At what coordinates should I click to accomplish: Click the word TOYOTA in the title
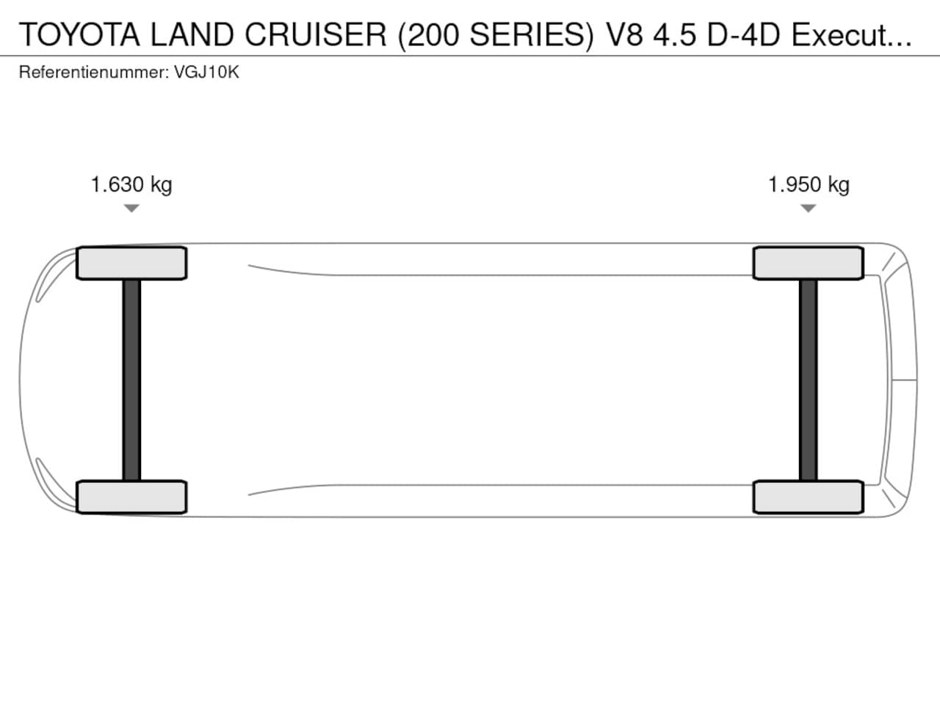click(x=79, y=35)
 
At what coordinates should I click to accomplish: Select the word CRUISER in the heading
click(x=316, y=35)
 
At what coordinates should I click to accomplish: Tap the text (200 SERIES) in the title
click(x=496, y=35)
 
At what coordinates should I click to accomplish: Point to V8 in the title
click(x=624, y=35)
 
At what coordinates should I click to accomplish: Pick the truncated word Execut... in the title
click(x=851, y=35)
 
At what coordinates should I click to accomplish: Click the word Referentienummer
click(x=94, y=72)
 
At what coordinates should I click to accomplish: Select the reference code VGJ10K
click(x=206, y=72)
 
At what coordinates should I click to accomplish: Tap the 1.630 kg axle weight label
click(x=131, y=185)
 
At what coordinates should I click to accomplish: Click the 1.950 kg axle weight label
click(x=809, y=185)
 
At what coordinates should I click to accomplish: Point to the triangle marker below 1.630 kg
click(x=131, y=208)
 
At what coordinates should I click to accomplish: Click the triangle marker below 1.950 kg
click(x=808, y=208)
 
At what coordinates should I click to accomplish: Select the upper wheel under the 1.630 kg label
click(x=131, y=263)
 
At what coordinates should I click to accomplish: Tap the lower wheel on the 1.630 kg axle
click(x=131, y=497)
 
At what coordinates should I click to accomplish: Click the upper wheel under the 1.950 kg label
click(x=809, y=263)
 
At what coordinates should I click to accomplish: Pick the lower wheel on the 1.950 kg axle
click(x=809, y=497)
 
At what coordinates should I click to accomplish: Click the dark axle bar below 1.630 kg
click(x=131, y=380)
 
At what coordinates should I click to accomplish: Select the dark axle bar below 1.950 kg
click(x=808, y=380)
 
